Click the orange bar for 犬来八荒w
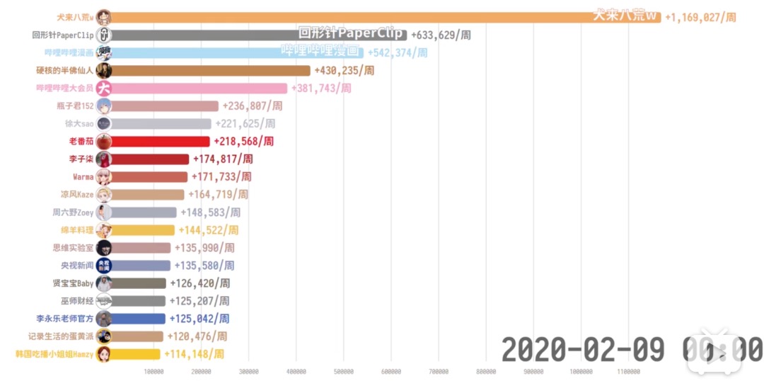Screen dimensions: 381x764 [386, 17]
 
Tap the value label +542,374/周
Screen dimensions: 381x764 [398, 52]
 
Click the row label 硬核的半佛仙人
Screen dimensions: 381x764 [65, 70]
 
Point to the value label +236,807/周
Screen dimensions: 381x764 [253, 106]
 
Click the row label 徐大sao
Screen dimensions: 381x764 [79, 123]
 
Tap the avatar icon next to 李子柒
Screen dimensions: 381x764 [103, 159]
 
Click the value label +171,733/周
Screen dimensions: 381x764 [221, 176]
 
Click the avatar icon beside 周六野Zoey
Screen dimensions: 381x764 [103, 212]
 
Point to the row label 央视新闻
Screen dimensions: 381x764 [77, 266]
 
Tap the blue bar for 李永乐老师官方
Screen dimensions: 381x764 [139, 319]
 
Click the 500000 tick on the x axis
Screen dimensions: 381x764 [344, 371]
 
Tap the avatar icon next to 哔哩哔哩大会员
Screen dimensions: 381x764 [103, 88]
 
